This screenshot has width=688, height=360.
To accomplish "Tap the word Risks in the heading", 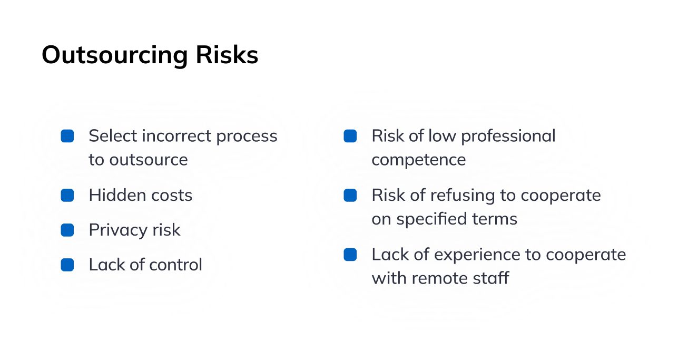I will click(227, 55).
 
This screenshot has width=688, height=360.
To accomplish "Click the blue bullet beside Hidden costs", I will click(67, 196).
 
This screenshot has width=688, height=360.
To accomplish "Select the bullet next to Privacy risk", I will click(67, 230).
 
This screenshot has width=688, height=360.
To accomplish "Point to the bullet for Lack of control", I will click(67, 265).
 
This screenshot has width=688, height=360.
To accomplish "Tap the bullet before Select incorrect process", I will click(67, 136).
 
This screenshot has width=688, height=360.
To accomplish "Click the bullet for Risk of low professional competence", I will click(350, 136).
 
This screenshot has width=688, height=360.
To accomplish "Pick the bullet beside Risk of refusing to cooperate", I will click(350, 196).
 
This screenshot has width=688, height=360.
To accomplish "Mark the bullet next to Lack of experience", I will click(350, 255).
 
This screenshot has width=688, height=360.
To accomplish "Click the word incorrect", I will click(175, 136).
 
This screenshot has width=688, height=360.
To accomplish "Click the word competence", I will click(418, 160).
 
